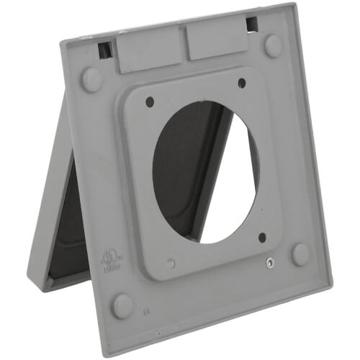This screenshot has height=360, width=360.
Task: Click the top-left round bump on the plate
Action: click(91, 79)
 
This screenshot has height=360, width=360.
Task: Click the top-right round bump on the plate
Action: click(273, 45)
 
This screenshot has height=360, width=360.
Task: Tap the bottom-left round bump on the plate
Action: click(122, 306)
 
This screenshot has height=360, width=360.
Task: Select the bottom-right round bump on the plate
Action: click(300, 254)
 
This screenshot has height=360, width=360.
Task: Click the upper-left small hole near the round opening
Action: click(150, 102)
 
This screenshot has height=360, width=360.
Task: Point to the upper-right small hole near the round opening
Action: click(241, 83)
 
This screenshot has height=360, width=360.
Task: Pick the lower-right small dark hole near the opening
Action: click(262, 238)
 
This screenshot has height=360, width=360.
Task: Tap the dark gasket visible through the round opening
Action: click(180, 173)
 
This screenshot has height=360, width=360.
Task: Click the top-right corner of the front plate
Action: click(294, 5)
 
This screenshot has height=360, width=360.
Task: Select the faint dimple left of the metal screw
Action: click(171, 264)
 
